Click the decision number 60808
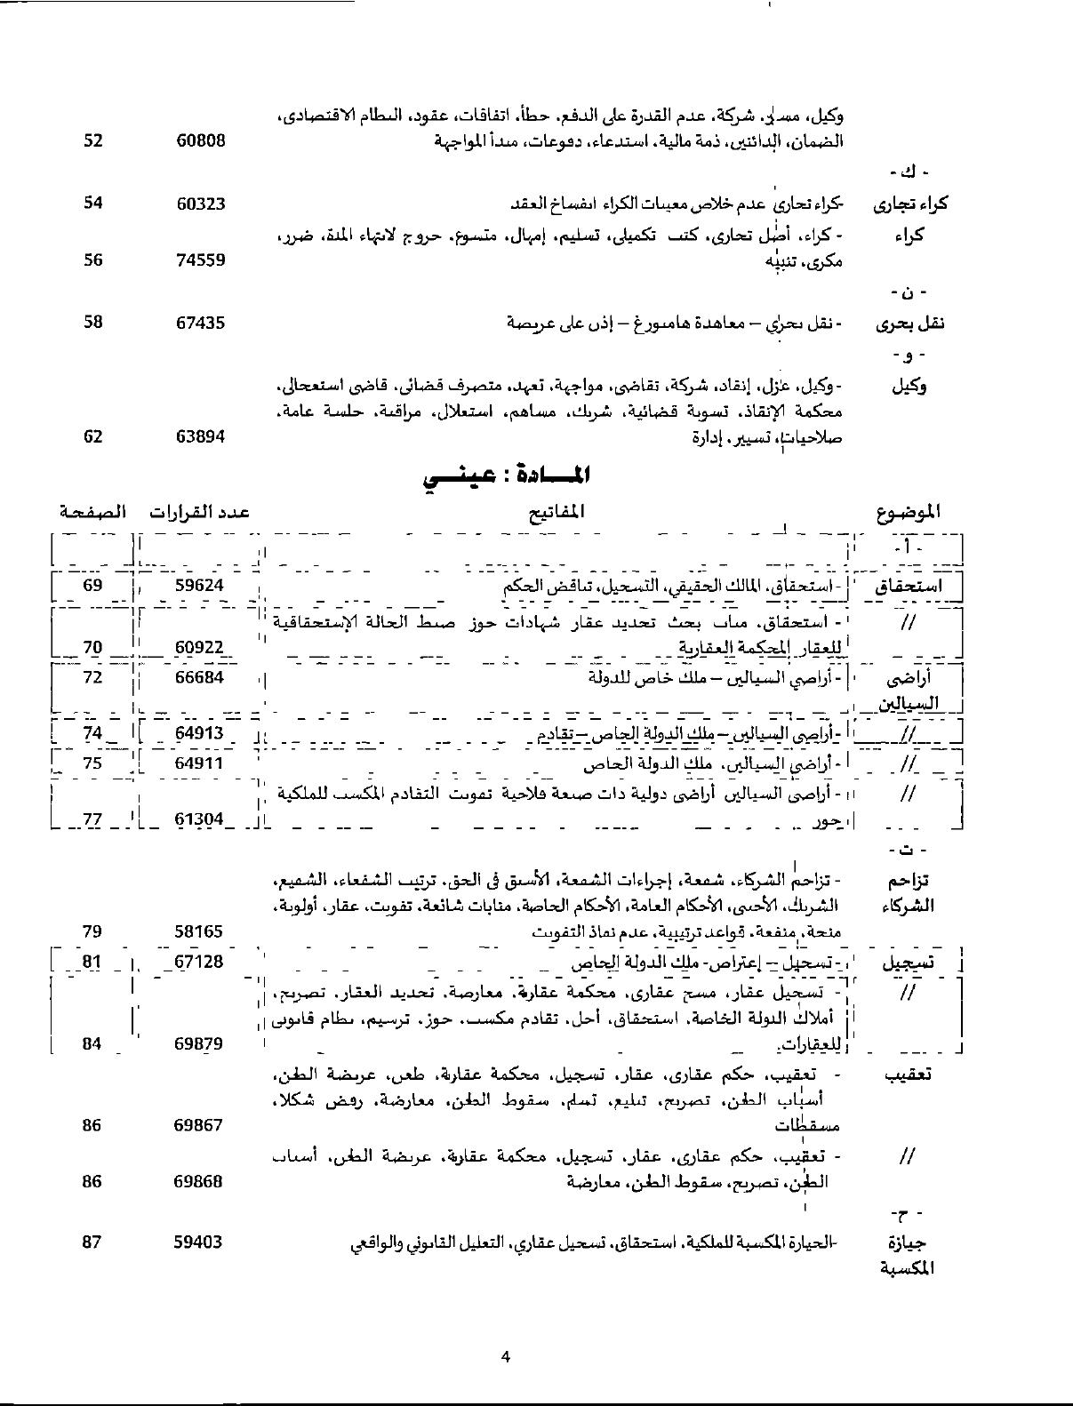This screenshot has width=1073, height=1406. (x=200, y=140)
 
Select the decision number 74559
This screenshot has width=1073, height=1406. (x=200, y=260)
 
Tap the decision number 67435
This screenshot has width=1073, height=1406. (x=200, y=323)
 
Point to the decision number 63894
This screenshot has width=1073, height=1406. (x=200, y=436)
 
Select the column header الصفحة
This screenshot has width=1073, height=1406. (x=92, y=512)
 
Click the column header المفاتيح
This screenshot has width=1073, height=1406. (x=556, y=512)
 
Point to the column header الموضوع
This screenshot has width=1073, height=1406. (x=907, y=512)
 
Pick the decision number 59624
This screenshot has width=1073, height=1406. (x=200, y=586)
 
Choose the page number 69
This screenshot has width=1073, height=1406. (x=93, y=586)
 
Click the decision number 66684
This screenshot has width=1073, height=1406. (x=200, y=677)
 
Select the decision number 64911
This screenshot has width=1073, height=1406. (x=200, y=763)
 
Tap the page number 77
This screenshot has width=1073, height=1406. (x=93, y=819)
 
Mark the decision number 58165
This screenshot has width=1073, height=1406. (x=200, y=932)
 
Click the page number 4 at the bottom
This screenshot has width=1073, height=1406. (x=505, y=1356)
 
